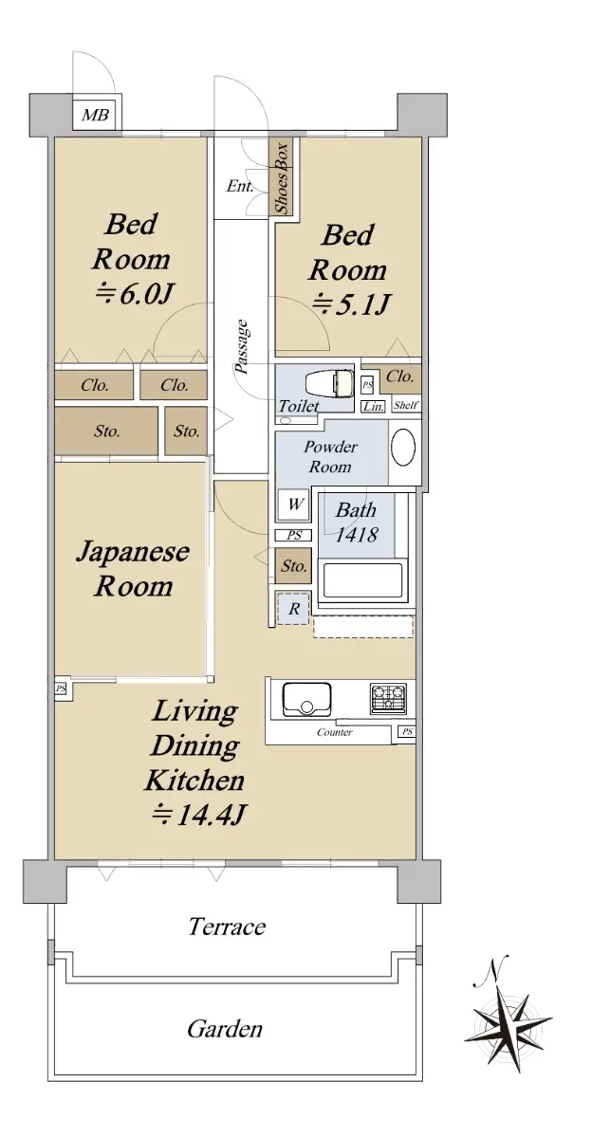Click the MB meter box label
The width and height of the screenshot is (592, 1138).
(96, 116)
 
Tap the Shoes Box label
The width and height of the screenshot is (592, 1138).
(282, 178)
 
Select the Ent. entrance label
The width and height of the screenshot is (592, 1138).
(240, 186)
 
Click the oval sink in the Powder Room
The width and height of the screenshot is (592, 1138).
(403, 448)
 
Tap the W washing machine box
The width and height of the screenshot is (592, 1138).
(294, 505)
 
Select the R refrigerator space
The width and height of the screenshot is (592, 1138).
(294, 608)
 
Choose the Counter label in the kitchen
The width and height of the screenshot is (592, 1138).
(334, 732)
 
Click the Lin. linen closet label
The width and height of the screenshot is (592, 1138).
(373, 407)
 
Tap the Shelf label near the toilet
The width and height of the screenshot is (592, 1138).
(406, 405)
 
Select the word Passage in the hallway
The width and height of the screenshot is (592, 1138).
(242, 346)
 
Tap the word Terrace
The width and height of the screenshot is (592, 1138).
(227, 927)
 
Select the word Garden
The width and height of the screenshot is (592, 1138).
(225, 1029)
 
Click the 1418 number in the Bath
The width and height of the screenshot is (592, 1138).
(357, 535)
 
